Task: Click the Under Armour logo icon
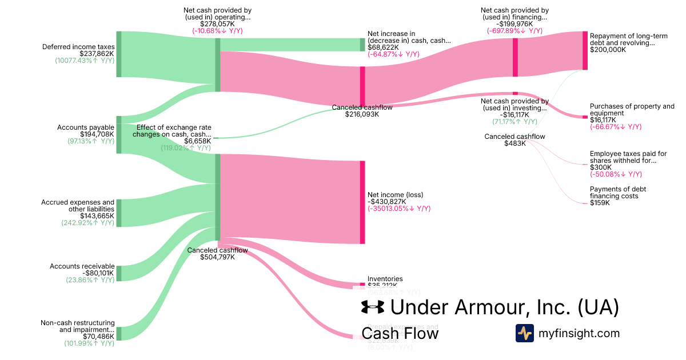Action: click(x=373, y=307)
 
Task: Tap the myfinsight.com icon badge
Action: click(x=524, y=333)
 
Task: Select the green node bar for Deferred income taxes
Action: click(x=119, y=54)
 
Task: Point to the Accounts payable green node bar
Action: click(x=119, y=134)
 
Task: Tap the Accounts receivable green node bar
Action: click(x=119, y=273)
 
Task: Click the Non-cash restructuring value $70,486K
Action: click(x=98, y=337)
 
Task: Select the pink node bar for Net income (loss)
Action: click(x=362, y=202)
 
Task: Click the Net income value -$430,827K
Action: click(x=387, y=202)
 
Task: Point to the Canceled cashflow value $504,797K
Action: click(x=217, y=257)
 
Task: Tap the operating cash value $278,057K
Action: click(x=217, y=25)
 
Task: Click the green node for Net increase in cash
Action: click(x=362, y=45)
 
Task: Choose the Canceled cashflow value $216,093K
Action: click(x=362, y=114)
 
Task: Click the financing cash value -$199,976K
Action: click(x=514, y=25)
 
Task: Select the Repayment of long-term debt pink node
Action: click(x=585, y=50)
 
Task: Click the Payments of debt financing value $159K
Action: click(x=600, y=203)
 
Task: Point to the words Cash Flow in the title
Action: click(x=400, y=333)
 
